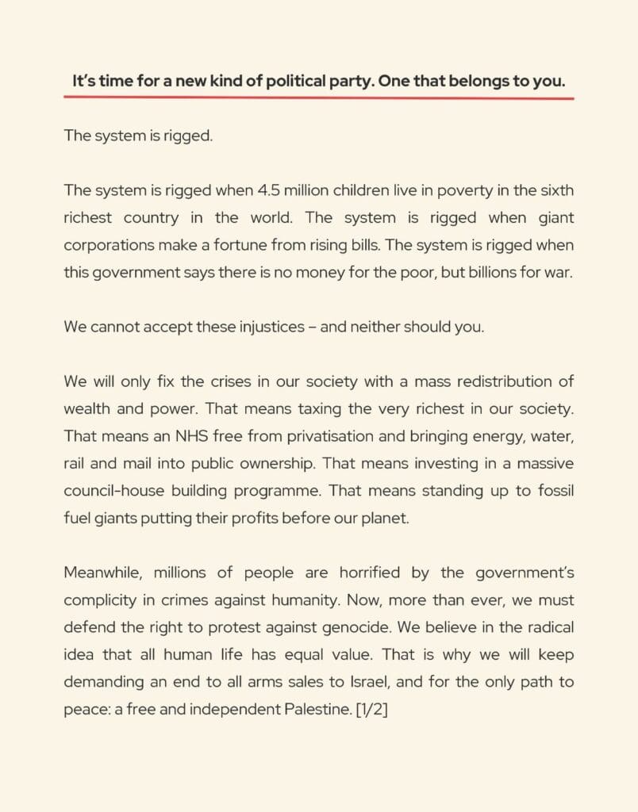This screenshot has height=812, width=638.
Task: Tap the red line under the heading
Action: coord(319,98)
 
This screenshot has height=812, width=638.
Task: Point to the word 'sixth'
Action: coord(556,190)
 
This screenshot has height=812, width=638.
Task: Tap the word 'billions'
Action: coord(482,272)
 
